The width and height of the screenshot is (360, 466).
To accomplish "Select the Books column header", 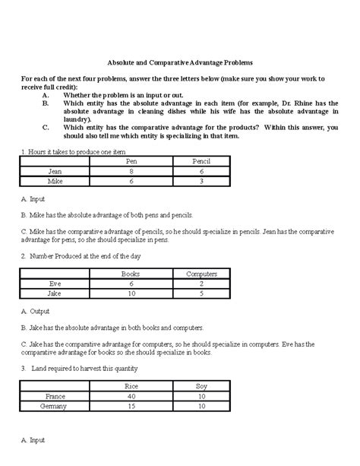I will pyautogui.click(x=131, y=273).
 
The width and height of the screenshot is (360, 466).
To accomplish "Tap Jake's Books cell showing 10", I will pyautogui.click(x=131, y=293).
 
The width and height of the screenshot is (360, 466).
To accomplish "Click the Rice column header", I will pyautogui.click(x=131, y=386).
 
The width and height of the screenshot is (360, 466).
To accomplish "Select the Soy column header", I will pyautogui.click(x=202, y=386).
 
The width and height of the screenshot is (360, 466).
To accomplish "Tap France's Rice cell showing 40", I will pyautogui.click(x=131, y=396).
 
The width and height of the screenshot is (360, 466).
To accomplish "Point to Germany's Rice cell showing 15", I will pyautogui.click(x=131, y=407).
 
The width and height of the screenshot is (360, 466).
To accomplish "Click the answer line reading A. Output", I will pyautogui.click(x=37, y=312).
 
